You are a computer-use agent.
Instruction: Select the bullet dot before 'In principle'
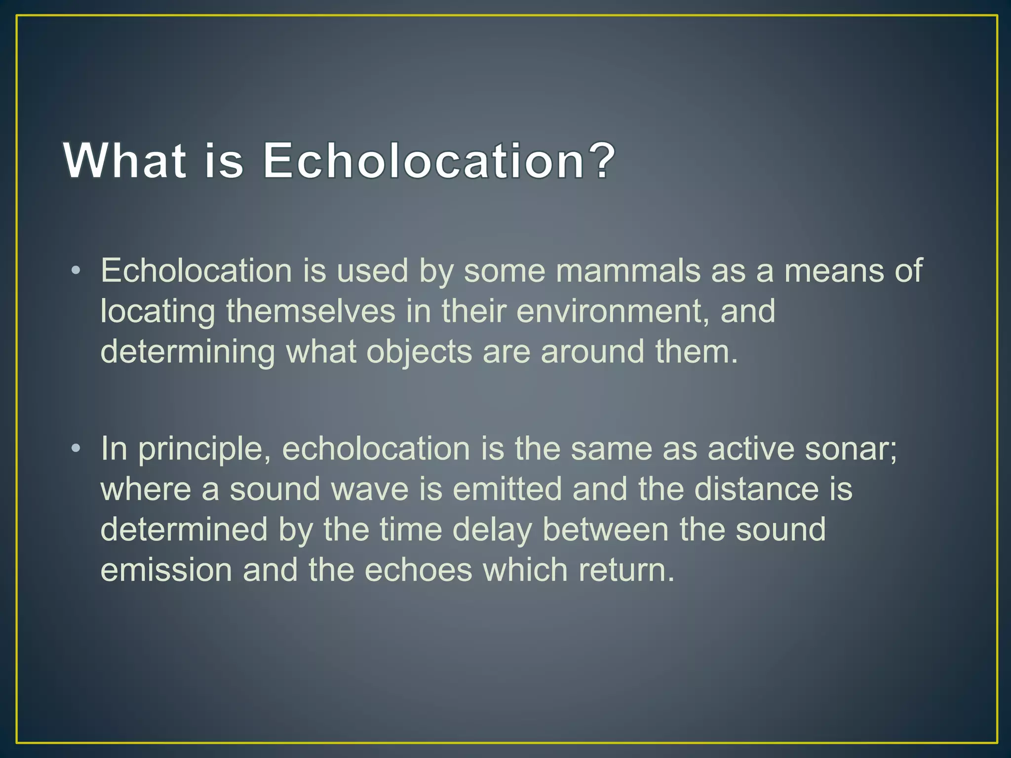[x=75, y=448]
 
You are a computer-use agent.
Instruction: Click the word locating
[x=157, y=312]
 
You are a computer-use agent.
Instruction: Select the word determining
[x=188, y=352]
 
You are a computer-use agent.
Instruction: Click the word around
[x=592, y=351]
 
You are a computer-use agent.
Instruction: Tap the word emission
[x=166, y=569]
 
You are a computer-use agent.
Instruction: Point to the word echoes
[x=419, y=569]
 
